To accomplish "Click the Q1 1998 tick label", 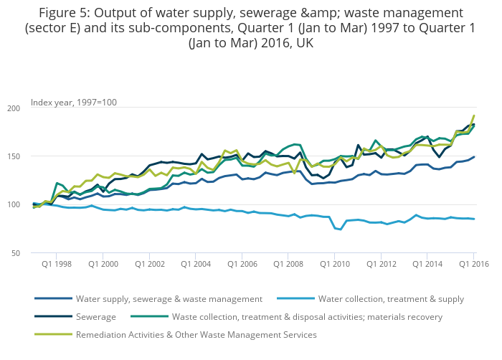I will pyautogui.click(x=57, y=264).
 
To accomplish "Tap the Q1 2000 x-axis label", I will pyautogui.click(x=103, y=264).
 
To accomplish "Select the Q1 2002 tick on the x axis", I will pyautogui.click(x=149, y=264).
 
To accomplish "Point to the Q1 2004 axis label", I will pyautogui.click(x=196, y=264).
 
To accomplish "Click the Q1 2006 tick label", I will pyautogui.click(x=242, y=264).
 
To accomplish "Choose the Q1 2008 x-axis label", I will pyautogui.click(x=288, y=264).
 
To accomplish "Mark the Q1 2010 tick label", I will pyautogui.click(x=334, y=264).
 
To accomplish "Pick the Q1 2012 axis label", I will pyautogui.click(x=381, y=264).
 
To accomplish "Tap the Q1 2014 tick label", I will pyautogui.click(x=427, y=264).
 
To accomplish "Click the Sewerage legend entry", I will pyautogui.click(x=96, y=316).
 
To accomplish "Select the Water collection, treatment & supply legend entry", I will pyautogui.click(x=391, y=298).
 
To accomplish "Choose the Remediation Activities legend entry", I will pyautogui.click(x=196, y=334).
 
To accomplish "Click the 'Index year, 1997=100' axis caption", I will pyautogui.click(x=74, y=102).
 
